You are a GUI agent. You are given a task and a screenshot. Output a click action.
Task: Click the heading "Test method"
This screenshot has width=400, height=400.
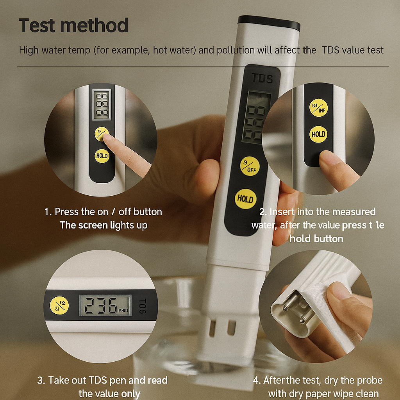coord(73,25)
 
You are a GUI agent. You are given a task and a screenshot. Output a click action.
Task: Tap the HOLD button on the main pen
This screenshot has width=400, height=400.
coord(245,199)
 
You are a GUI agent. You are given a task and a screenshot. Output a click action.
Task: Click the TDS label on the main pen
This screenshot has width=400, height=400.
coord(262,78)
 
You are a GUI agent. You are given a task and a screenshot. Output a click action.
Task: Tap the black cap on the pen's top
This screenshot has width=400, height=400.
coord(269,23)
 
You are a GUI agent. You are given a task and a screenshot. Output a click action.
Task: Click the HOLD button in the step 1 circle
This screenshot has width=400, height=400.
coord(102,156)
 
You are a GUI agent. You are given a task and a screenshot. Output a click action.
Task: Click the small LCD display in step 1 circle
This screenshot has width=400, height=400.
coord(101,104)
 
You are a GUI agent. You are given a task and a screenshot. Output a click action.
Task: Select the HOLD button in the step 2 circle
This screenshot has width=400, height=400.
coord(318,134)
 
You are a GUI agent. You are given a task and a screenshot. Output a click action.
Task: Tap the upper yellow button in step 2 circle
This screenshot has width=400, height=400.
coord(318,107)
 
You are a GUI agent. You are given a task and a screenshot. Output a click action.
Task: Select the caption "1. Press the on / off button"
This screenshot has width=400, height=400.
coord(103,212)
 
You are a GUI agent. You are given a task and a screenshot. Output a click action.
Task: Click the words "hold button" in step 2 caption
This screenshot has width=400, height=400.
coord(316,238)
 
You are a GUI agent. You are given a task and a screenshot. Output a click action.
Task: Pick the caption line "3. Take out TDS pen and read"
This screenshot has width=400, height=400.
coord(102,380)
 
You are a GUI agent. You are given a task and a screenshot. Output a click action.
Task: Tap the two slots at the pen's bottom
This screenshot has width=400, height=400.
coord(221,328)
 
